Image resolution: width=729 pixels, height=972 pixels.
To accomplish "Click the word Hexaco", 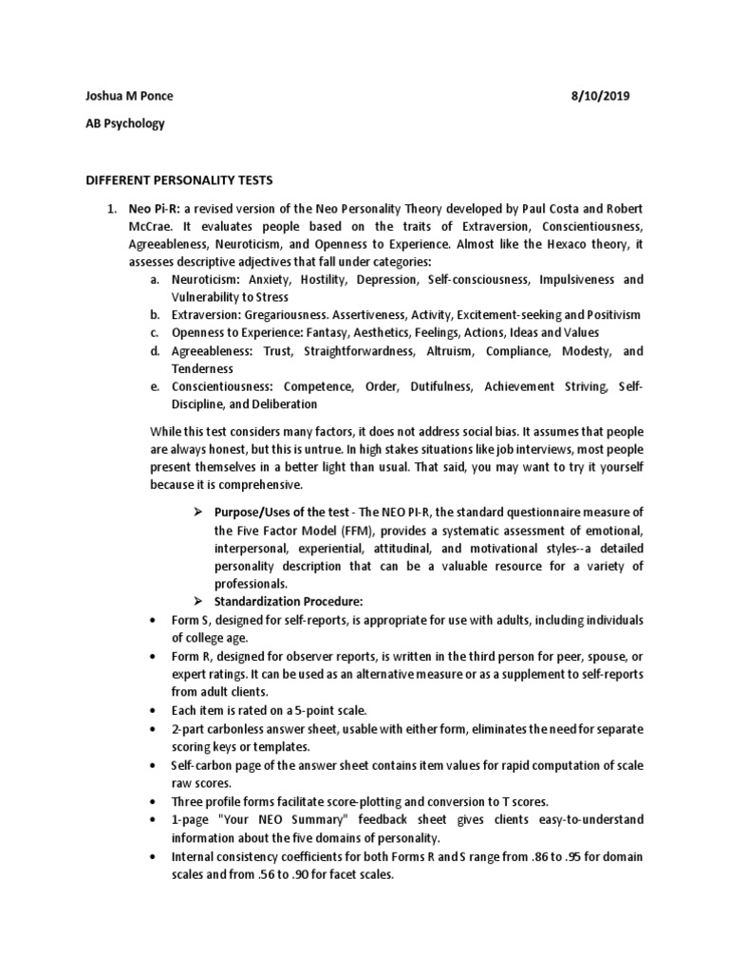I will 568,244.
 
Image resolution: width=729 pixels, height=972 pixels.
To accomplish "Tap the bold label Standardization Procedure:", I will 289,602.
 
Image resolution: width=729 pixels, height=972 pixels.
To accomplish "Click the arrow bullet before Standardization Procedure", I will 199,602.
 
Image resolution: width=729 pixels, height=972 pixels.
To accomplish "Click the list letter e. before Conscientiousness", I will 155,386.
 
